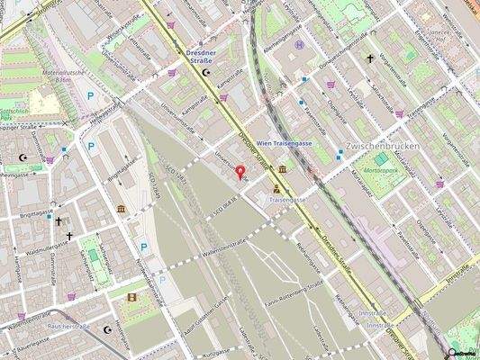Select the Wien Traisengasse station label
click(285, 143)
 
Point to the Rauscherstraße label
click(68, 326)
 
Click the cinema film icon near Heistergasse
click(131, 297)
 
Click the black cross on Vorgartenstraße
click(369, 58)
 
